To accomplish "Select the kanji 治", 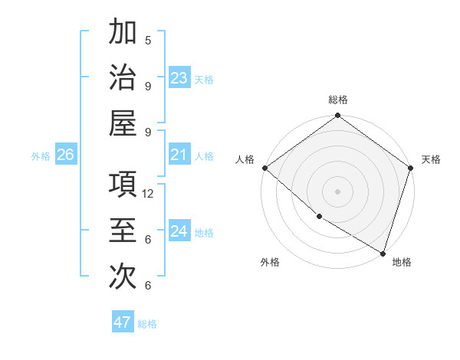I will point(123,77).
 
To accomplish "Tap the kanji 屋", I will point(123,123).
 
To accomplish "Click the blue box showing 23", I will point(179,78).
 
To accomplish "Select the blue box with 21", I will point(179,155).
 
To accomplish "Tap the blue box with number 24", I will point(179,232).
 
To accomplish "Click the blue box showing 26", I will point(65,155).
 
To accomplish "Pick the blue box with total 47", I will point(123,322).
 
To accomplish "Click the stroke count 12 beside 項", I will point(149,194).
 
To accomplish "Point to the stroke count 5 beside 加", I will point(148,40).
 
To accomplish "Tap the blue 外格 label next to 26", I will point(41,156).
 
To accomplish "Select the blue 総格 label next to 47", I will point(147,324).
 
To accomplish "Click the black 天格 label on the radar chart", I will point(432,159).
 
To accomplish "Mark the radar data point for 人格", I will point(264,168).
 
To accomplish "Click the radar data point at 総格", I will point(337,116).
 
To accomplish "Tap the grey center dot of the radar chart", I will point(337,191).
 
